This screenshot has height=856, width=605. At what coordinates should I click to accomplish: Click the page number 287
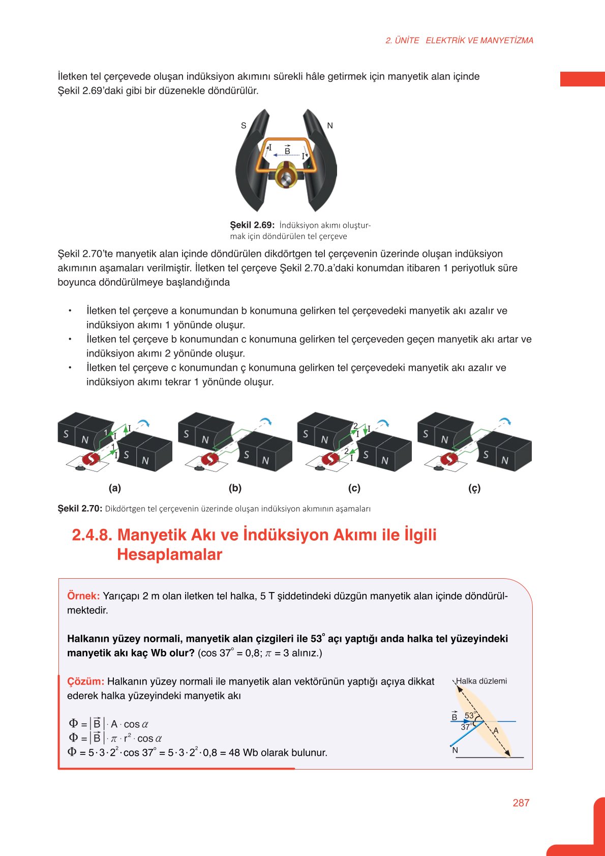tap(521, 803)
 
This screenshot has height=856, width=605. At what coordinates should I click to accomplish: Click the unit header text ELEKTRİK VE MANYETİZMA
tap(479, 41)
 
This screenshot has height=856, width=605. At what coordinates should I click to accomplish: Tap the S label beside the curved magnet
tap(244, 126)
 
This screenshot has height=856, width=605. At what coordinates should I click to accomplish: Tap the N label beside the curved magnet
tap(330, 126)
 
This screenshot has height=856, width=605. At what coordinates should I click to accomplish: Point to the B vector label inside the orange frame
tap(287, 151)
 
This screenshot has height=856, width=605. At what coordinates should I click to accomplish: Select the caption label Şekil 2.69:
tap(252, 225)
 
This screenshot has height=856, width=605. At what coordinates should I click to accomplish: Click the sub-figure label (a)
tap(115, 488)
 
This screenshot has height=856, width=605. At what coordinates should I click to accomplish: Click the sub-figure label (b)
tap(235, 488)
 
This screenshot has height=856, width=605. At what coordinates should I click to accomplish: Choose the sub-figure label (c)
tap(354, 488)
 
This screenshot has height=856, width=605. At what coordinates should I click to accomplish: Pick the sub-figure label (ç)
tap(474, 488)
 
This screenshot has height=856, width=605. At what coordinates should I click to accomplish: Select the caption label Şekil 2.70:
tap(80, 509)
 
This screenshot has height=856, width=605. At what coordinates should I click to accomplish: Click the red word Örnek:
tap(83, 596)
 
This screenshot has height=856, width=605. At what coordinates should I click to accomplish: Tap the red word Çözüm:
tap(85, 682)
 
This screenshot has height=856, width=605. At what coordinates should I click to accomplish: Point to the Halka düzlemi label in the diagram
tap(481, 681)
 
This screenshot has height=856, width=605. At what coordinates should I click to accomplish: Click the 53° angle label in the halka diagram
tap(470, 715)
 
